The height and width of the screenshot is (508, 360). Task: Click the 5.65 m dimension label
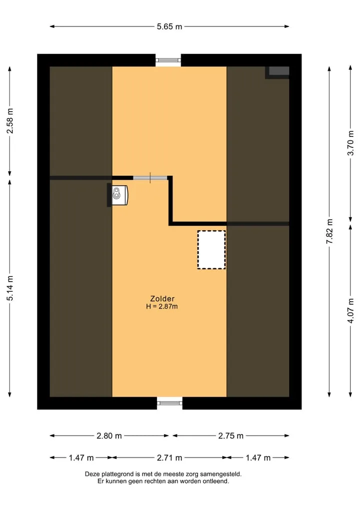tap(169, 26)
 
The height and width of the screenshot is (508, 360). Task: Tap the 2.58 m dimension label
tap(10, 121)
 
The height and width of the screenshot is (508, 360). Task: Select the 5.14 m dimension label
tap(10, 288)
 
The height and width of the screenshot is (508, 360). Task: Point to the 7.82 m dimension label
tap(329, 231)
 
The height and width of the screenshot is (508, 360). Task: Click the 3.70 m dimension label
tap(350, 143)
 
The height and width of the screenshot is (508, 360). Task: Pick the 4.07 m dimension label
tap(350, 311)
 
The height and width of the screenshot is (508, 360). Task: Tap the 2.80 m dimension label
tap(109, 436)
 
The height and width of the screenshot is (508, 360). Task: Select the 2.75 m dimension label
tap(230, 436)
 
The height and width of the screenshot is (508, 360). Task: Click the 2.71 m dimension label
tap(169, 458)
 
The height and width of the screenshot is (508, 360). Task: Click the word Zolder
tap(162, 299)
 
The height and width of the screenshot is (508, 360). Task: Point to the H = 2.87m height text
tap(162, 307)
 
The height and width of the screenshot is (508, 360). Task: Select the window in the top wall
tap(168, 60)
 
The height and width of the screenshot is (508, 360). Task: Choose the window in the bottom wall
tap(169, 403)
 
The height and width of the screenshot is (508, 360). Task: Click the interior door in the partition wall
tap(150, 178)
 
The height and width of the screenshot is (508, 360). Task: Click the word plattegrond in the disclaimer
tap(123, 475)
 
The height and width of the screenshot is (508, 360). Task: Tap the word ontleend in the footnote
tap(215, 482)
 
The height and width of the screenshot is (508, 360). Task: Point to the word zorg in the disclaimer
tap(192, 475)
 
